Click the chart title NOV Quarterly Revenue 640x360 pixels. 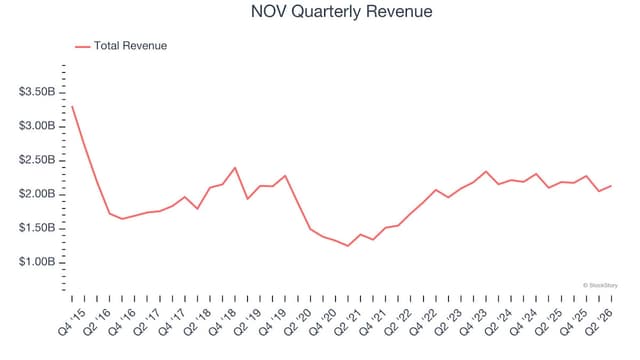click(x=342, y=11)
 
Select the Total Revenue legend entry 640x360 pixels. click(x=121, y=46)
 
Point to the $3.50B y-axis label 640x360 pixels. click(x=37, y=92)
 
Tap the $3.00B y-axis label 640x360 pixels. click(x=37, y=126)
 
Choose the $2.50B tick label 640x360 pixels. click(x=37, y=160)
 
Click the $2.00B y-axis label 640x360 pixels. click(x=37, y=193)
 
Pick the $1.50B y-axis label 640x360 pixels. click(x=37, y=227)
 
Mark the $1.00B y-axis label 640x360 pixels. click(x=37, y=261)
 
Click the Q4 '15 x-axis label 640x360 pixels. click(x=72, y=322)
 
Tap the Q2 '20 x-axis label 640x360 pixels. click(x=298, y=322)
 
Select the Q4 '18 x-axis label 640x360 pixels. click(x=222, y=322)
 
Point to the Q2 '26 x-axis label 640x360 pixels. click(x=599, y=322)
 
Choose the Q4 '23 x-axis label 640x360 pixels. click(x=473, y=322)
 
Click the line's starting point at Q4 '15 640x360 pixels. click(x=72, y=106)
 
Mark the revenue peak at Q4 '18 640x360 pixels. click(x=235, y=167)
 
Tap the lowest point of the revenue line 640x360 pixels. click(x=348, y=246)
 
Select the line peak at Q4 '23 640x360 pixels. click(x=486, y=171)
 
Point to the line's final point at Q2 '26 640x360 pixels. click(x=611, y=186)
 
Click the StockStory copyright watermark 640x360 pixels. click(x=600, y=285)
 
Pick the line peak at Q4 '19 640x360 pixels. click(x=285, y=176)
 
